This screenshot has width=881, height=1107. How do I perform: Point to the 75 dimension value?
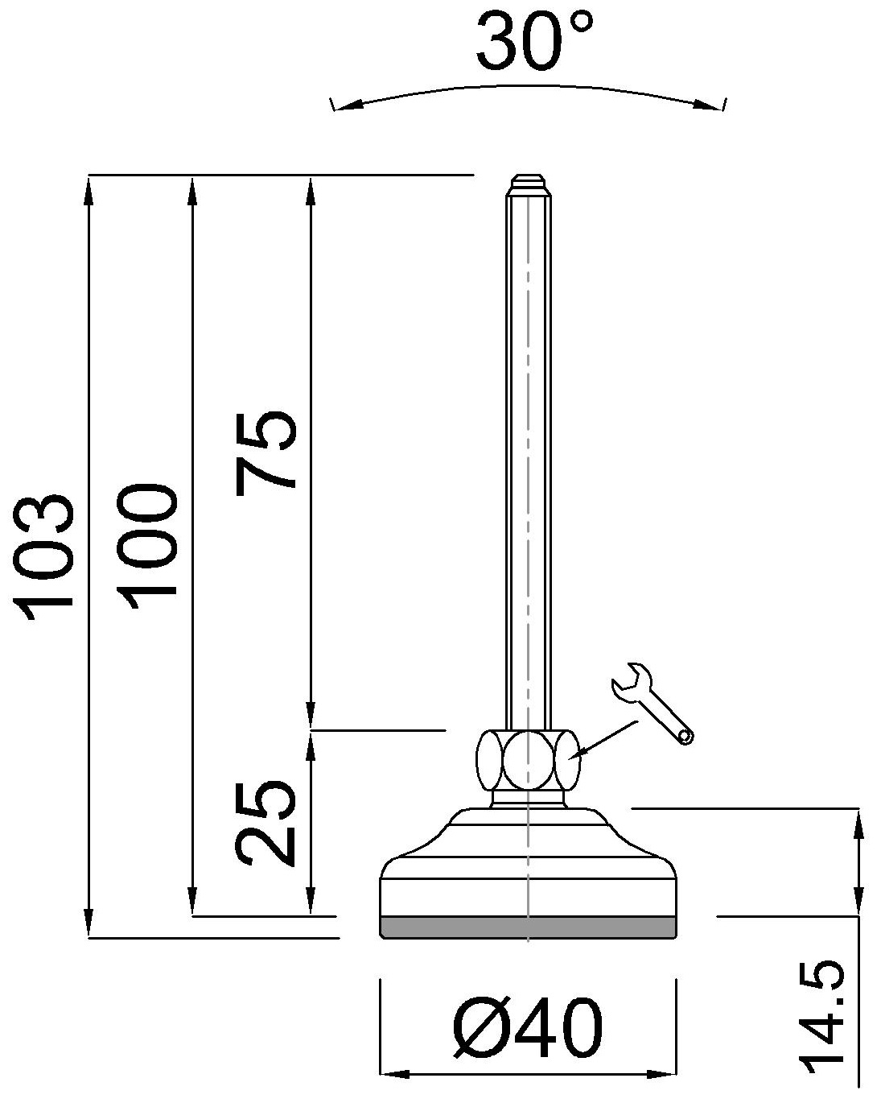pos(266,450)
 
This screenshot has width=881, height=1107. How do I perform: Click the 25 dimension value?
pos(266,821)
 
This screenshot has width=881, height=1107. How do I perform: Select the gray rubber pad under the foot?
pos(527,927)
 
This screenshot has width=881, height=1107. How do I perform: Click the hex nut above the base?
pos(528,760)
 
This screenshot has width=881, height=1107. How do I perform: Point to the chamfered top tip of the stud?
pos(528,182)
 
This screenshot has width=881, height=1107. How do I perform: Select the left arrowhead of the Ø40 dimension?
pos(393,1074)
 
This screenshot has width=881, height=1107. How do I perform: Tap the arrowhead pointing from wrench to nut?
pos(578,754)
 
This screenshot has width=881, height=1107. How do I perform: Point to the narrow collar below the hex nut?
pos(527,799)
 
